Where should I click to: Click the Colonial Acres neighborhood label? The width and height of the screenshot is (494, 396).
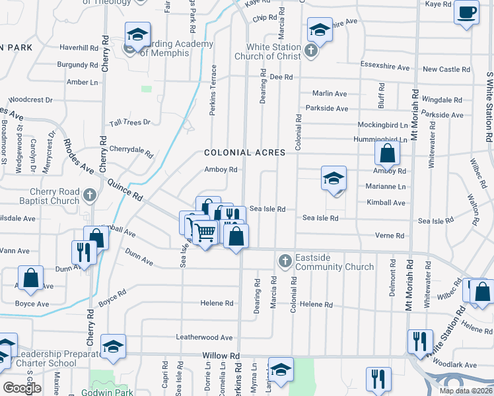[244, 152]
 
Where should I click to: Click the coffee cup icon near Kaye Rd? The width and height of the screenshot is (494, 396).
[467, 12]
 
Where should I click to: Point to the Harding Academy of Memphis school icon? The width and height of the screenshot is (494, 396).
[137, 34]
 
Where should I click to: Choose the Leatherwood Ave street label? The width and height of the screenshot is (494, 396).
[204, 337]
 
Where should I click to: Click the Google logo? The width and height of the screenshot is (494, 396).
[22, 387]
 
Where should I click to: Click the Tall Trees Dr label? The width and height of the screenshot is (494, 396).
[131, 123]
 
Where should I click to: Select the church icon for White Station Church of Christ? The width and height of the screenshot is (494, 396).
[311, 49]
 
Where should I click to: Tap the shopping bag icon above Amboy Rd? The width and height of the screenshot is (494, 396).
[387, 154]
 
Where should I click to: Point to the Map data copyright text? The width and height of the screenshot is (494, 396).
[466, 391]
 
